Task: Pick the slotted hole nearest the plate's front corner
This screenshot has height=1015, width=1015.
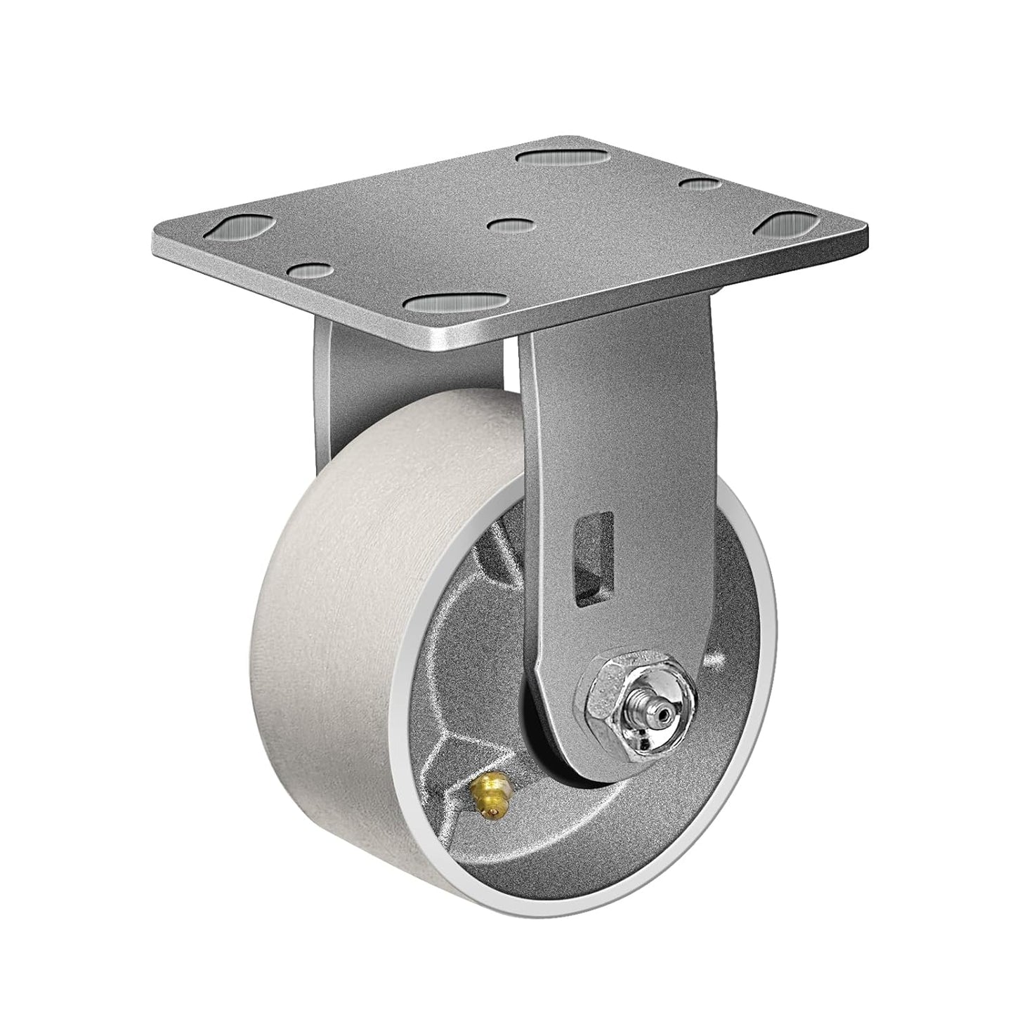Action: click(456, 303)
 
